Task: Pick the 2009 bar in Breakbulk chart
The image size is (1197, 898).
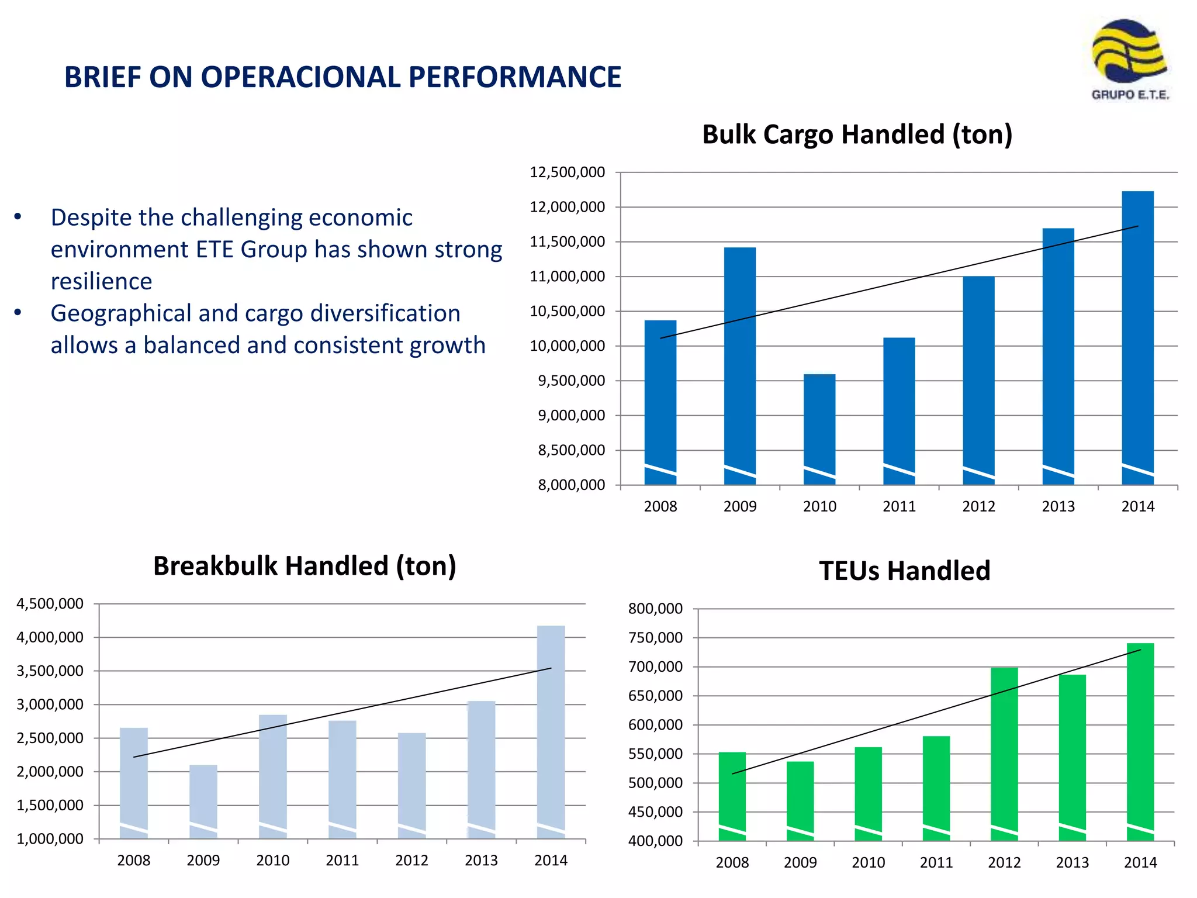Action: coord(203,801)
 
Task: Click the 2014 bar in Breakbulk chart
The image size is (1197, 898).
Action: coord(551,731)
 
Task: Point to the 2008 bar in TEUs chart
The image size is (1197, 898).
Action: coord(732,796)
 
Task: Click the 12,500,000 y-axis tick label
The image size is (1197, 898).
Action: coord(567,172)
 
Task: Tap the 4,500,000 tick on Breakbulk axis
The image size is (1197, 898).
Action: coord(50,604)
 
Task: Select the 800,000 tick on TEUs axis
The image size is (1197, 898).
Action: coord(655,609)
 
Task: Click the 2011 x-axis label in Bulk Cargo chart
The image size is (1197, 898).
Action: coord(899,507)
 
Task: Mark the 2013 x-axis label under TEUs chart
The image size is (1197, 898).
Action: coord(1072,863)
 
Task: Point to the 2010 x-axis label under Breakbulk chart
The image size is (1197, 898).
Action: coord(272,861)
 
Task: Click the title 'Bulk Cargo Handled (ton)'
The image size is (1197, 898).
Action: coord(857,134)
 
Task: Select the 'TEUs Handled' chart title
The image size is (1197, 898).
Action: coord(905,571)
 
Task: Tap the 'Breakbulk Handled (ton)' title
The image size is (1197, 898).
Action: coord(305,566)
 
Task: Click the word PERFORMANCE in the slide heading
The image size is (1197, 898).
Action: coord(514,77)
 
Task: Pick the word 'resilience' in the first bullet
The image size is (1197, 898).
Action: coord(102,281)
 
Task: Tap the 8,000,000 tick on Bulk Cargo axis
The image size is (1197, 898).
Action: coord(571,485)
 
